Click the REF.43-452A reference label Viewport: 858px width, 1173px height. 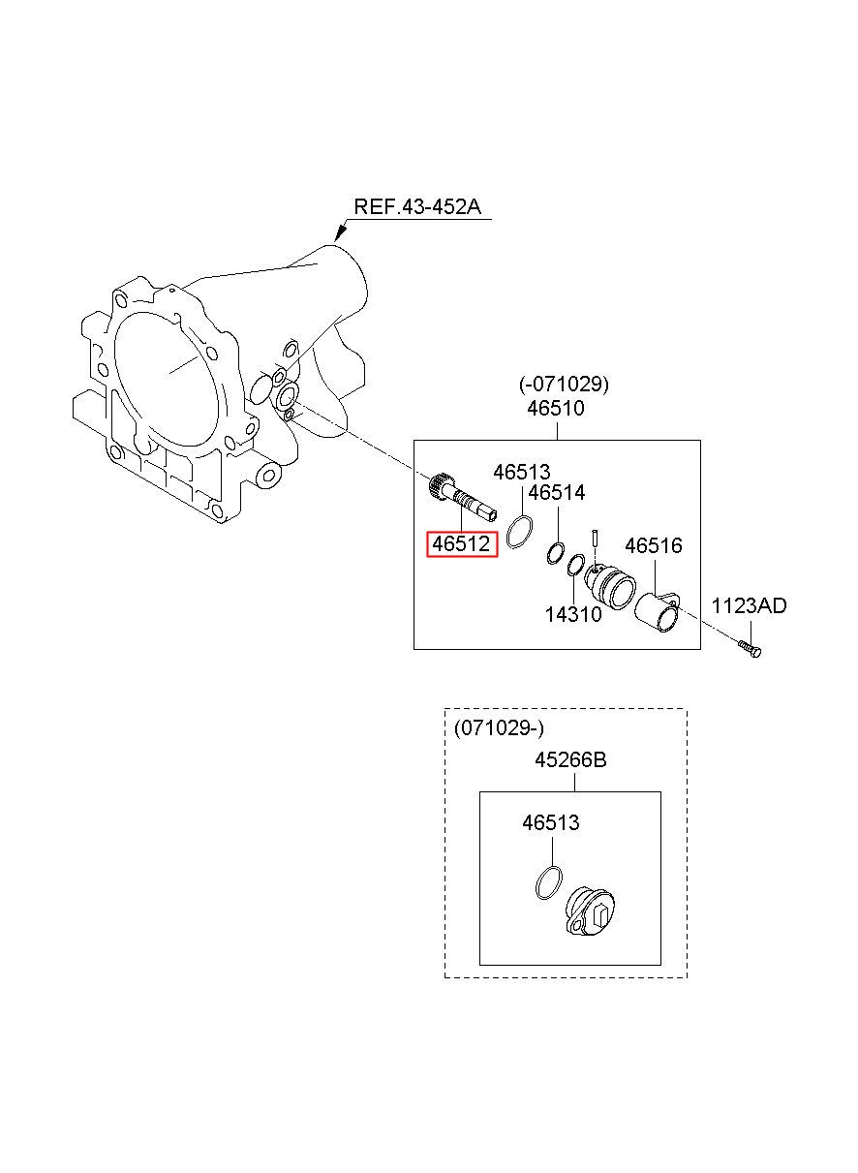coord(417,207)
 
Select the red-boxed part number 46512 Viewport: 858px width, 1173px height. coord(461,544)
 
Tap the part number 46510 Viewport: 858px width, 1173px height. coord(556,408)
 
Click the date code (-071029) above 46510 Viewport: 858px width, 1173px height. coord(565,385)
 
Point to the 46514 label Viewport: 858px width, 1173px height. coord(557,493)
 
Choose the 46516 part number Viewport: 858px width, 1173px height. coord(654,545)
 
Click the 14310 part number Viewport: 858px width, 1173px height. coord(573,614)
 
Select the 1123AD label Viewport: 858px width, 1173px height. coord(750,606)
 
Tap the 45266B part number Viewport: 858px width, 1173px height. coord(570,759)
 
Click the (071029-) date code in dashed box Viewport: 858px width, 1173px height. coord(499,727)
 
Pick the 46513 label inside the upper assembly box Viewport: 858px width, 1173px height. coord(522,473)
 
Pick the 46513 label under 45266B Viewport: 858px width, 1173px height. coord(551,822)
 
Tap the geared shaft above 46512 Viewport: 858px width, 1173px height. coord(462,499)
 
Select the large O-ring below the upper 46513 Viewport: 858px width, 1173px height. coord(520,532)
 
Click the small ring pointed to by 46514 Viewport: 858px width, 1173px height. coord(555,553)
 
